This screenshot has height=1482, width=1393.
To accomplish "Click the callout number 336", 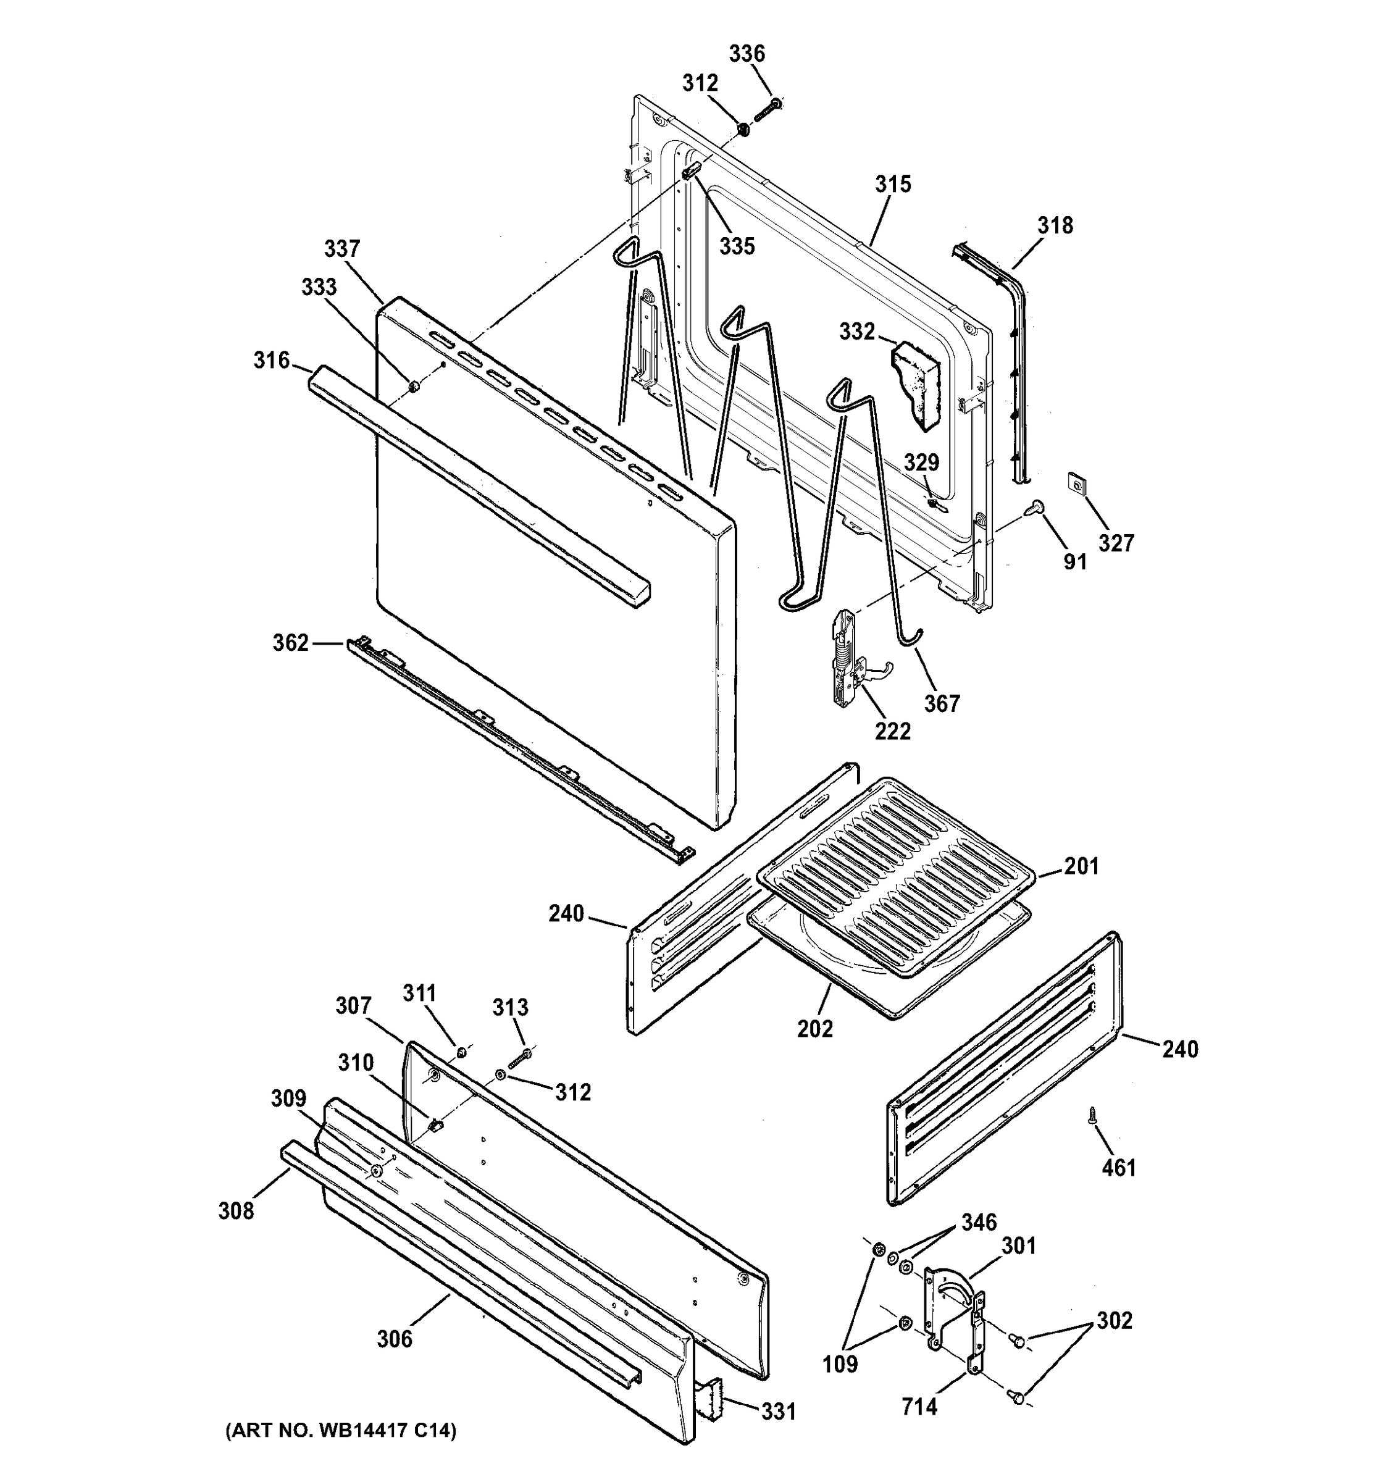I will pos(746,54).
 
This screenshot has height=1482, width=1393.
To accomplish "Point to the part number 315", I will pos(892,184).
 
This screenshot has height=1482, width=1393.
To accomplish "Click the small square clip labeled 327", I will pos(1076,483).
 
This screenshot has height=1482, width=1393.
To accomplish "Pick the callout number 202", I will pos(814,1029).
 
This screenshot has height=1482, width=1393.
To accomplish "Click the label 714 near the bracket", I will pos(919,1406).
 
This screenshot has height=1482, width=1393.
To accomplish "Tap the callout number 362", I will pos(290,643).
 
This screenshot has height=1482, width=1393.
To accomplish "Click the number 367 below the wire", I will pos(942,703).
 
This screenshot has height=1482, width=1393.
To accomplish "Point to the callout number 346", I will pos(978,1222).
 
